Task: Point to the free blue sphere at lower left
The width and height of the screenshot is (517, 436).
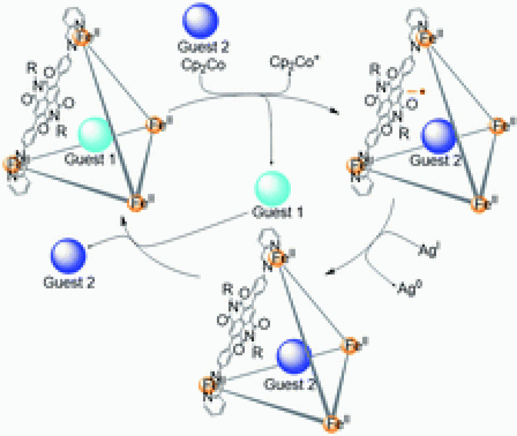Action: (x=68, y=255)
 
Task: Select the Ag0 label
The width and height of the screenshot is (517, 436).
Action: (x=409, y=289)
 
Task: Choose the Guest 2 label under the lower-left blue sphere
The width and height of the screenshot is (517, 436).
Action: (x=69, y=281)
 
